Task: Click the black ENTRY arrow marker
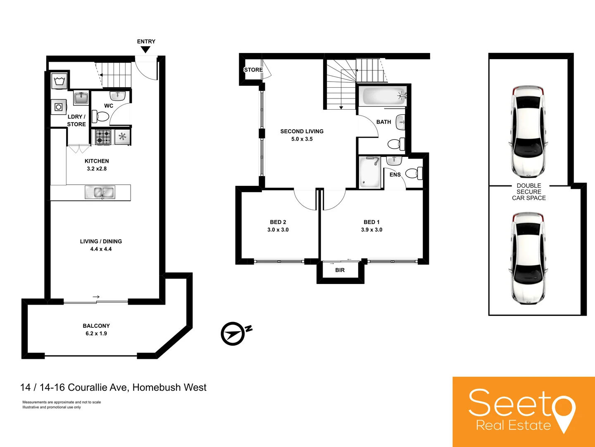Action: click(145, 49)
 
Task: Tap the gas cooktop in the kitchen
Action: click(103, 137)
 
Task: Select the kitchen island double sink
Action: click(100, 192)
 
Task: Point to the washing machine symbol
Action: click(59, 80)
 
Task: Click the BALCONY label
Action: click(96, 326)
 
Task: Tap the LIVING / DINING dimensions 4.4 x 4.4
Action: click(101, 249)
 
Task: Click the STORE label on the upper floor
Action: click(253, 70)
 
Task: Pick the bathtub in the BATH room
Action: click(382, 96)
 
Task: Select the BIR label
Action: click(340, 270)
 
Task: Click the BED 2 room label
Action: click(278, 222)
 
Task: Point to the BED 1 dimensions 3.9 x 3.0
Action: click(372, 230)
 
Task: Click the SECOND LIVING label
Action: click(302, 131)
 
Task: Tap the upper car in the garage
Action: click(528, 131)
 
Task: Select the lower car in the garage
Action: click(528, 258)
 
